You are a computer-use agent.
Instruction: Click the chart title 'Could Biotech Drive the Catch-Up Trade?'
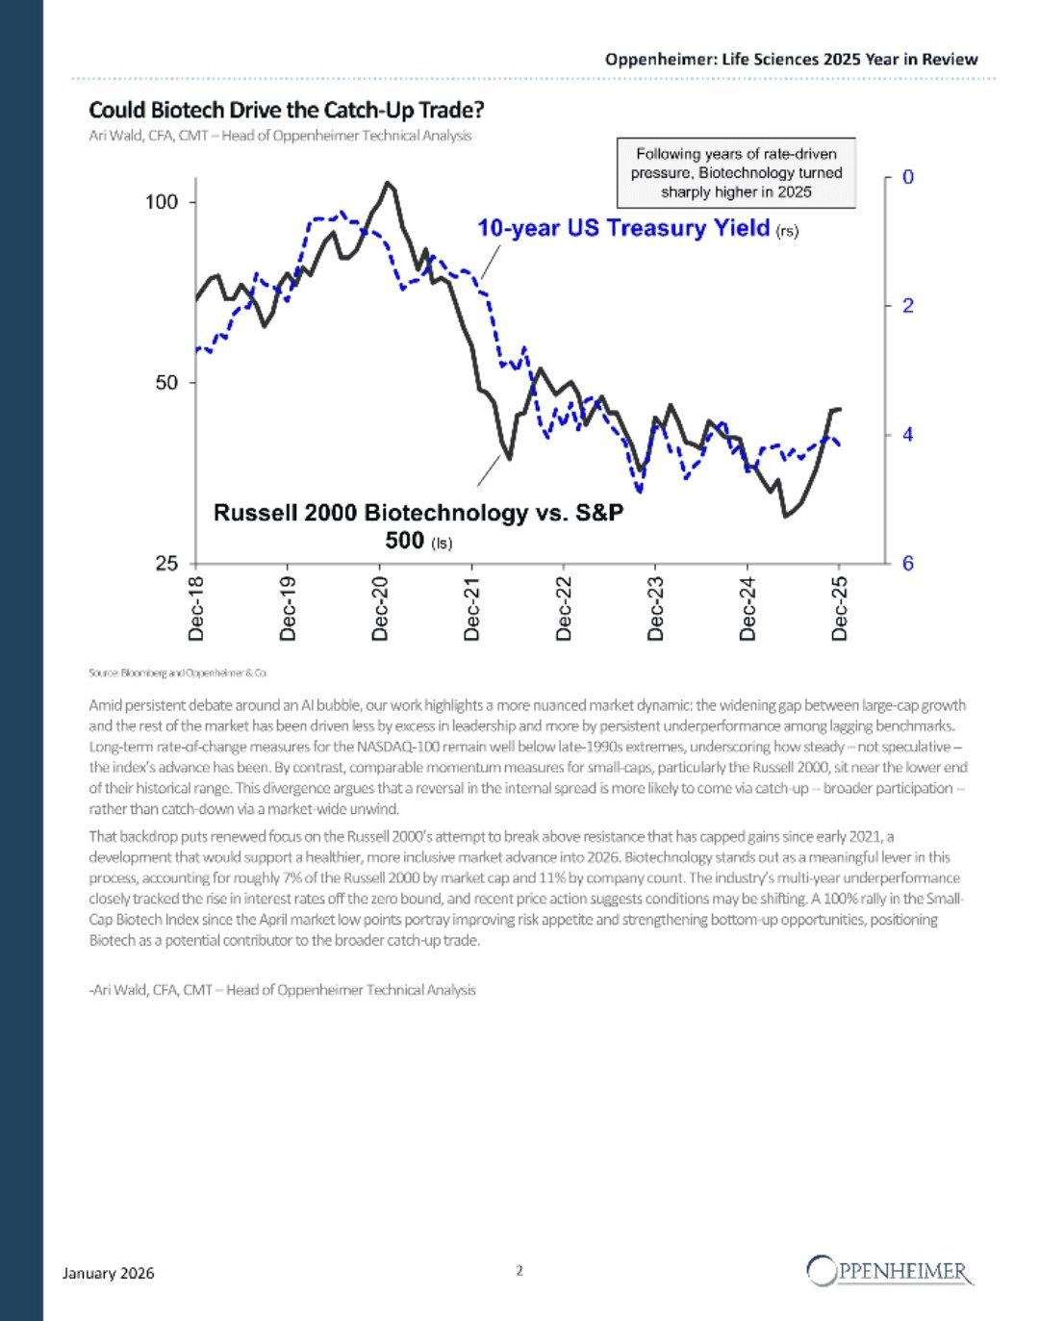[286, 110]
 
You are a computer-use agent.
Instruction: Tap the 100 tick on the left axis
[162, 202]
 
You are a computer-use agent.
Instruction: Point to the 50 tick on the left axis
[166, 382]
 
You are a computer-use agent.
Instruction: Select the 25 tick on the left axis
[166, 563]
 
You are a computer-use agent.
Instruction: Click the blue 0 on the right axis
[907, 177]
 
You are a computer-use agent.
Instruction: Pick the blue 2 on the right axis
[907, 306]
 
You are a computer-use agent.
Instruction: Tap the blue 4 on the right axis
[907, 435]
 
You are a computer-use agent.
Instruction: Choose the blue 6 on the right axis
[907, 563]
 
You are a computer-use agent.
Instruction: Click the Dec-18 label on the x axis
[196, 608]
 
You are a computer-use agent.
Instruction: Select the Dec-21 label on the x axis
[472, 608]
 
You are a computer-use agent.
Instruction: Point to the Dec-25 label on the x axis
[840, 608]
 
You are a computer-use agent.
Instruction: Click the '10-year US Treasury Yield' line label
[624, 228]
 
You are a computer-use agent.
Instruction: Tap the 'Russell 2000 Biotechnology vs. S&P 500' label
[418, 525]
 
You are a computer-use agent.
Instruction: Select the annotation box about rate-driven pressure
[736, 173]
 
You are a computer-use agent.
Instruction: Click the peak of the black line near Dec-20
[388, 182]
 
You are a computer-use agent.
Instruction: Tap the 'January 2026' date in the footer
[108, 1273]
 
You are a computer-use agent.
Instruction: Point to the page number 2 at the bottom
[519, 1270]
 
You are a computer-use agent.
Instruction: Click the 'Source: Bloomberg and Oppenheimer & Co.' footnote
[178, 673]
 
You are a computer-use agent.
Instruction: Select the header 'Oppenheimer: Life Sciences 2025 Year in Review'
[791, 59]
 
